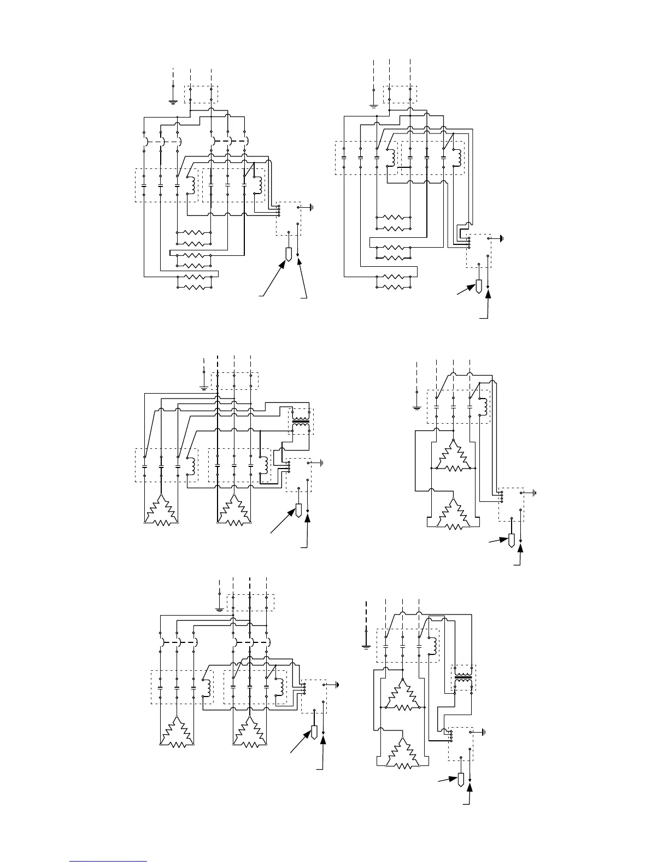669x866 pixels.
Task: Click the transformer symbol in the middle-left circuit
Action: point(301,421)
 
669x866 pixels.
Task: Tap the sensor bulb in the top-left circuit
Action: point(289,254)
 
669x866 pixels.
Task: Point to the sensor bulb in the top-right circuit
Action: point(478,286)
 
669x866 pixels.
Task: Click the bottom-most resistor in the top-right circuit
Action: point(393,282)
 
